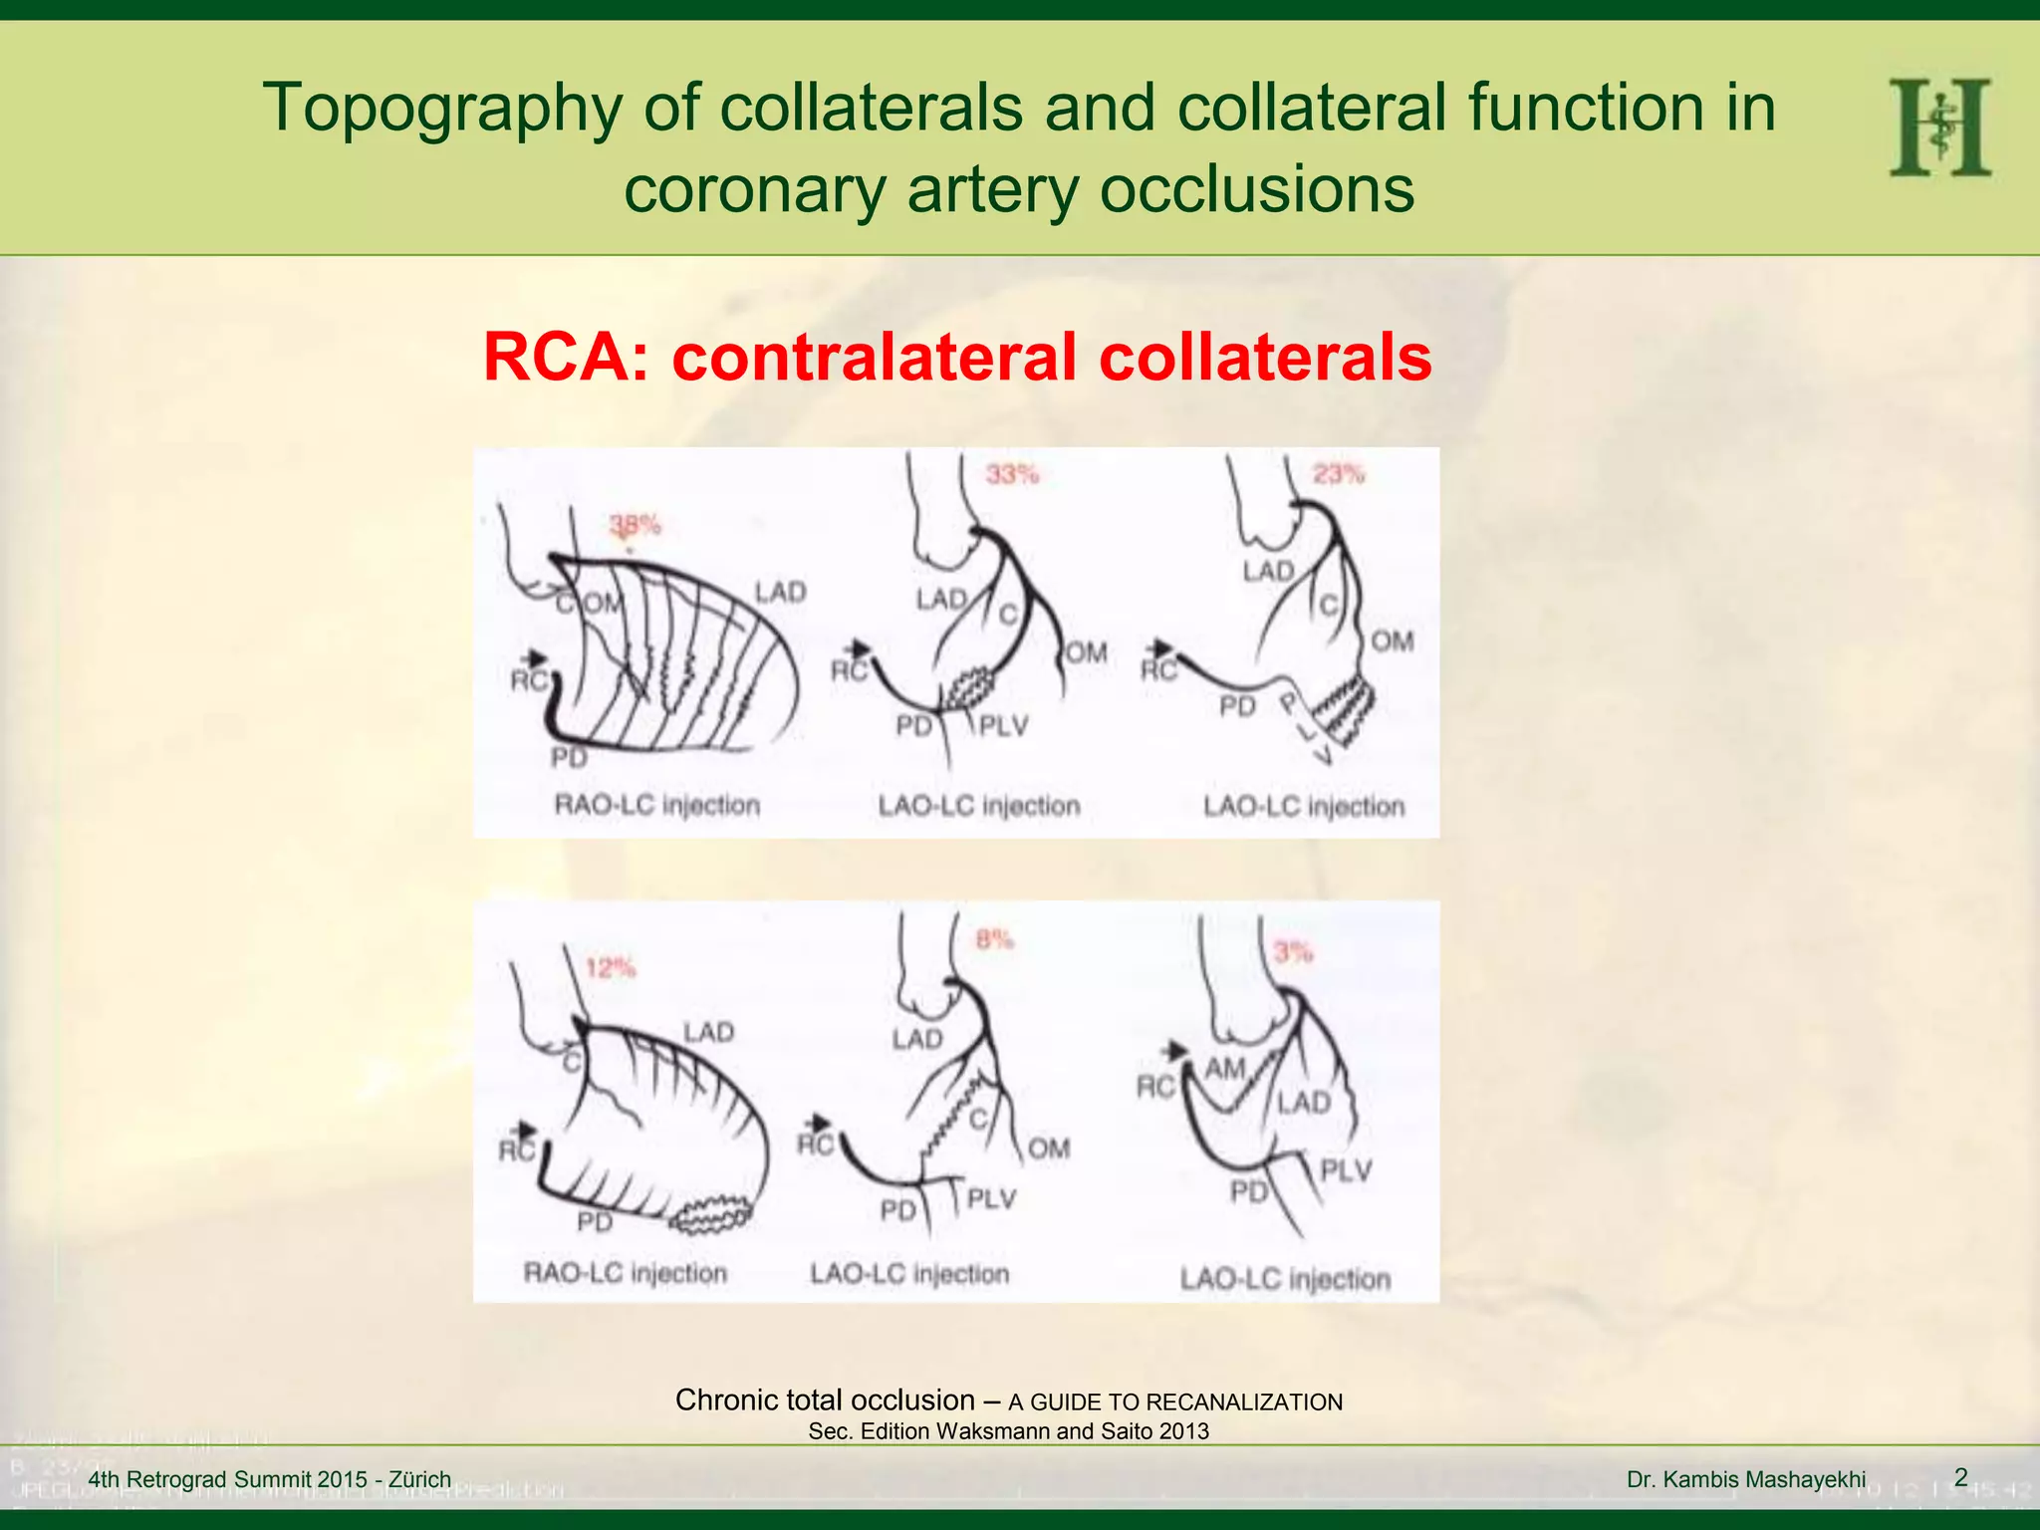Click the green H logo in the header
click(1939, 128)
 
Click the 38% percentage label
click(635, 524)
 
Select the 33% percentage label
click(1012, 474)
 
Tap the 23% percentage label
click(1338, 473)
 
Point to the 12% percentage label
click(610, 967)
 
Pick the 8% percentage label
click(993, 938)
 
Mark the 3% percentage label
click(1293, 952)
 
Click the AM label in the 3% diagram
click(1225, 1068)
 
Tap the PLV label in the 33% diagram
click(1003, 725)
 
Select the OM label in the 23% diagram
click(1392, 640)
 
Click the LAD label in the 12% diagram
click(708, 1032)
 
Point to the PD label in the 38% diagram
click(569, 758)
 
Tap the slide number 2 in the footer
click(1960, 1477)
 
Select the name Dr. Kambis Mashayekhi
click(1745, 1479)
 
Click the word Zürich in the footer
click(419, 1479)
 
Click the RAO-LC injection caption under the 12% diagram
click(625, 1273)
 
